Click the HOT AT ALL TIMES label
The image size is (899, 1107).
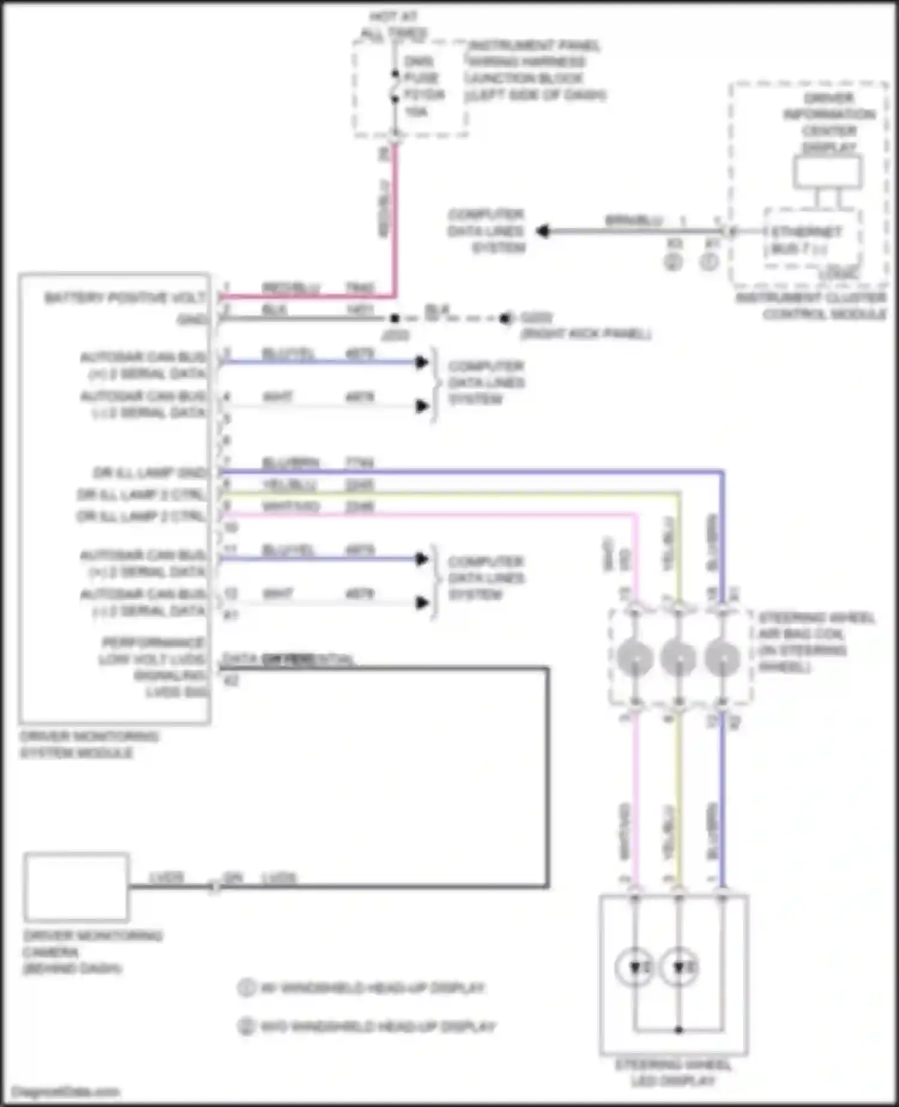pyautogui.click(x=394, y=25)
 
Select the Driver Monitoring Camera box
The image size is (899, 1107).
pyautogui.click(x=77, y=886)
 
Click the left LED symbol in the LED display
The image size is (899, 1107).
pyautogui.click(x=635, y=967)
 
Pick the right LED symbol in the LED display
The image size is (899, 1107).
pyautogui.click(x=678, y=967)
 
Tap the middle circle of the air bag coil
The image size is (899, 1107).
pyautogui.click(x=678, y=657)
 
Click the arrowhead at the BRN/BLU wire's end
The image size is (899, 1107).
pyautogui.click(x=542, y=231)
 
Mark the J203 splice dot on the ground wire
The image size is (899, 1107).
pyautogui.click(x=394, y=318)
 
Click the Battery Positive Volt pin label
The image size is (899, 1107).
pyautogui.click(x=125, y=297)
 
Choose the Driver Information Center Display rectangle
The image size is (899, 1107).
pyautogui.click(x=828, y=172)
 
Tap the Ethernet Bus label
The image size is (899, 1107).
pyautogui.click(x=806, y=240)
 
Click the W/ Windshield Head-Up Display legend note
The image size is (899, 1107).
pyautogui.click(x=372, y=988)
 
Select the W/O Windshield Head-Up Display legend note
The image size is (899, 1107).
pyautogui.click(x=378, y=1026)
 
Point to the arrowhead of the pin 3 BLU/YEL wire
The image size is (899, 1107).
pyautogui.click(x=422, y=362)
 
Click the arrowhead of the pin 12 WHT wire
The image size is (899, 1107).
pyautogui.click(x=422, y=603)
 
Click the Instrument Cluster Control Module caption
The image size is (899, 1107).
pyautogui.click(x=811, y=306)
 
